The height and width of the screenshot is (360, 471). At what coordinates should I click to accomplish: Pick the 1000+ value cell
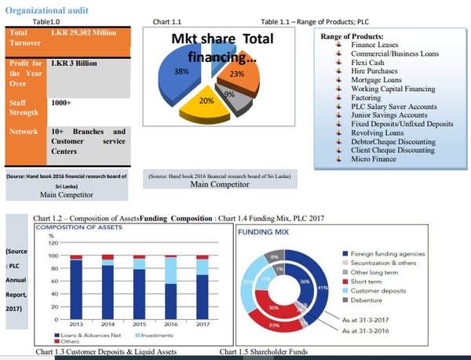click(x=62, y=103)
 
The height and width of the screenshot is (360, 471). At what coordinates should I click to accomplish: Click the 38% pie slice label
click(x=181, y=71)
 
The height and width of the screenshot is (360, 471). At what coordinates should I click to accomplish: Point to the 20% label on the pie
click(x=206, y=100)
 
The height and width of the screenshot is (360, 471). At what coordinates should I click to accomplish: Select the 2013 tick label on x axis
click(x=76, y=323)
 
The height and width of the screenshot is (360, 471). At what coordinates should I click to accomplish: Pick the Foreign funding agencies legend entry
click(x=388, y=253)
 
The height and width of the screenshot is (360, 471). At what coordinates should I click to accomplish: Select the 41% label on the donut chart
click(x=321, y=289)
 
